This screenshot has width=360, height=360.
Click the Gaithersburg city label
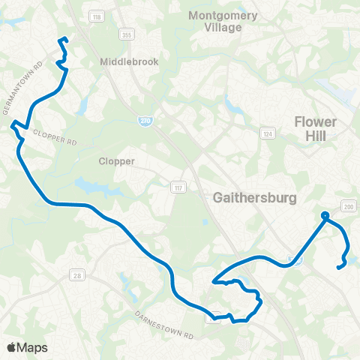[x=256, y=198]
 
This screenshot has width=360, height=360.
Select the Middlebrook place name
[x=129, y=62]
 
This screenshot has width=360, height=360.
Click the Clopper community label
[x=116, y=160]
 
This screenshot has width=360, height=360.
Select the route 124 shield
[x=266, y=133]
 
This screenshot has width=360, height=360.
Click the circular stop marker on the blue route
[x=325, y=217]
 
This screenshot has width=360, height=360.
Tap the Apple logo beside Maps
[x=12, y=347]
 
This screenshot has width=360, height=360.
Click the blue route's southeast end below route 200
[x=339, y=267]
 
